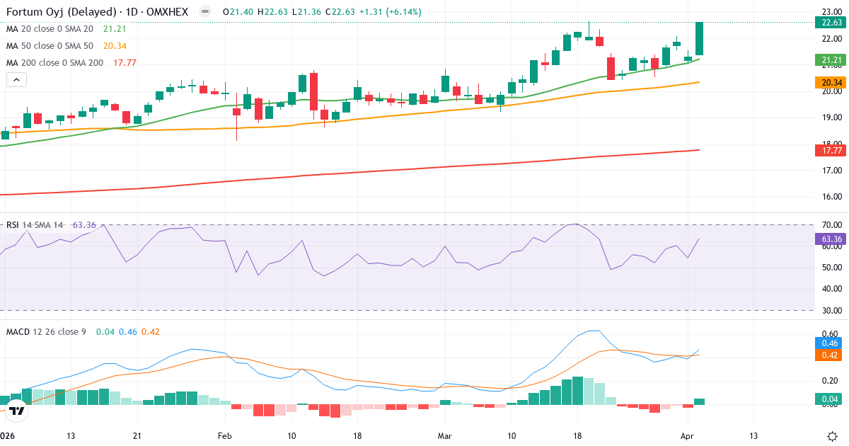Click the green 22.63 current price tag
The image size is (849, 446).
click(827, 22)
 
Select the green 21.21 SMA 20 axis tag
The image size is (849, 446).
click(827, 60)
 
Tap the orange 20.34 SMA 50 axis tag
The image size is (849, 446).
click(827, 83)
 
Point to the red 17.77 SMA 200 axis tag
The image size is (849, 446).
click(827, 150)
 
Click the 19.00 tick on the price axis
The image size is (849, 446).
click(831, 118)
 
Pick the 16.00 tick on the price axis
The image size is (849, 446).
click(831, 197)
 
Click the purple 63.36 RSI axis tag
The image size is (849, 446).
click(827, 239)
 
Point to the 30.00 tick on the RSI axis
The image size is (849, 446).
click(831, 310)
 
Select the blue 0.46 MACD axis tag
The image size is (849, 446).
click(827, 343)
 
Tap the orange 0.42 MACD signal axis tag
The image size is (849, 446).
click(827, 355)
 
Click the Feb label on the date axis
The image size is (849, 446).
click(225, 435)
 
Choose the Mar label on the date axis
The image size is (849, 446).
click(444, 435)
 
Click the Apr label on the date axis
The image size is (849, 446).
click(687, 435)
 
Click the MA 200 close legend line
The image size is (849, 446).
click(54, 62)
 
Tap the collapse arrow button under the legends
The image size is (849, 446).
click(16, 80)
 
